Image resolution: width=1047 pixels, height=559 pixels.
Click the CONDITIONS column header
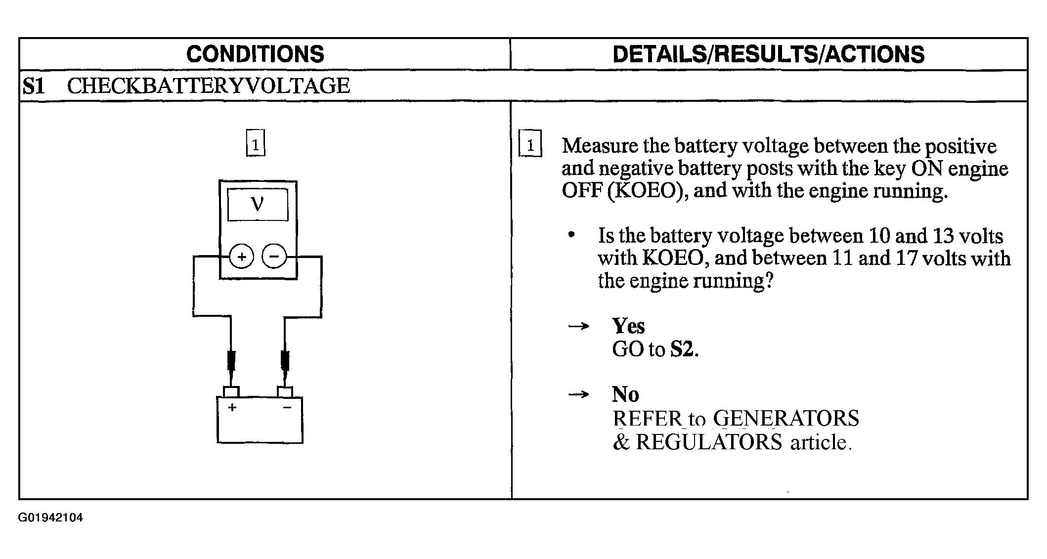[255, 54]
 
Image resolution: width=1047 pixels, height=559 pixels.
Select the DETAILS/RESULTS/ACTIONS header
[768, 54]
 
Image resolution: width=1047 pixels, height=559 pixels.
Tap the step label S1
[34, 86]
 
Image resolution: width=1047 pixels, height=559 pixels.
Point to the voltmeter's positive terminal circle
[241, 257]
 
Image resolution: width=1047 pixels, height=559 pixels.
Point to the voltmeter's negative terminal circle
[274, 257]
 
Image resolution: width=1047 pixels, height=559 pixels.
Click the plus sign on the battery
[232, 408]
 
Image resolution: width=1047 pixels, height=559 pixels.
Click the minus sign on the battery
[287, 407]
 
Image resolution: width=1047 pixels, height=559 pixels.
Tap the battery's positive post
[231, 391]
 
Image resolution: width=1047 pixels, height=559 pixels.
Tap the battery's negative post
[285, 391]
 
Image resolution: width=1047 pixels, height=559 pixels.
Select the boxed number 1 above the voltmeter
[256, 143]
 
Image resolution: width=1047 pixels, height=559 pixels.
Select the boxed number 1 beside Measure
[530, 143]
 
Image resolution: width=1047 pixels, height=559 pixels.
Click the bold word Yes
[628, 326]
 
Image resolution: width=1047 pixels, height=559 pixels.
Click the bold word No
[625, 394]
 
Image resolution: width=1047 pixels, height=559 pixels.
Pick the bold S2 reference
[683, 349]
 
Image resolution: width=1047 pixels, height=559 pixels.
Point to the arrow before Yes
[578, 326]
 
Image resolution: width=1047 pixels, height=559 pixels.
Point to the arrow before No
[578, 394]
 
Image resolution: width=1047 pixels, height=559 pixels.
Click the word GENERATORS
[786, 419]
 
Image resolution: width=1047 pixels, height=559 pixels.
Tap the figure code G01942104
[51, 518]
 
